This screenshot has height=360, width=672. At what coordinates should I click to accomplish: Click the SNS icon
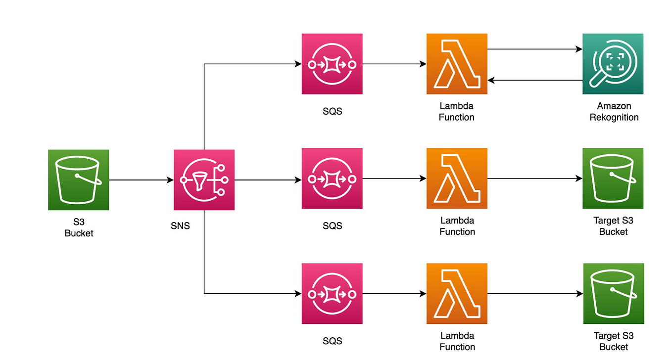(204, 180)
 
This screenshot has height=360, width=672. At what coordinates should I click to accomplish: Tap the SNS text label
(180, 226)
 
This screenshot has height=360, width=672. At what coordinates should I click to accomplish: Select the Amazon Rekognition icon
(613, 64)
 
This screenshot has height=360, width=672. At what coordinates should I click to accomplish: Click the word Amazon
(614, 106)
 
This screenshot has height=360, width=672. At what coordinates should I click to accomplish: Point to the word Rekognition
(614, 118)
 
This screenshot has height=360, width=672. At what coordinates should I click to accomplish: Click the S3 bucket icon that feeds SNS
(78, 180)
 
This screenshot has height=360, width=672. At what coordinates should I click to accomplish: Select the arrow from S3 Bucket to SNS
(141, 180)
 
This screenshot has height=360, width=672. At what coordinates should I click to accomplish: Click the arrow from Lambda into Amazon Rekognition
(534, 49)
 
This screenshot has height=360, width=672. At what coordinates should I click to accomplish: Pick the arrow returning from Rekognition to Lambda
(534, 80)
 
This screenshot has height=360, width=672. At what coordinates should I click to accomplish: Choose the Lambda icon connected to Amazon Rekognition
(457, 64)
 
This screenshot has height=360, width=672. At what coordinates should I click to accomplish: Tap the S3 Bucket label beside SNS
(79, 227)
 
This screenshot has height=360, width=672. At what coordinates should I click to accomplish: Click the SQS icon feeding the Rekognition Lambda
(332, 64)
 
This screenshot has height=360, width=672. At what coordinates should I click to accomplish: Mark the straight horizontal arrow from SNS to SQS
(268, 180)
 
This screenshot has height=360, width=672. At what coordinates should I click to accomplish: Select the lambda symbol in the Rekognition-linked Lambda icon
(456, 64)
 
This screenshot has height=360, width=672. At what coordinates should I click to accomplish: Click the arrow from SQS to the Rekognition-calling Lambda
(394, 64)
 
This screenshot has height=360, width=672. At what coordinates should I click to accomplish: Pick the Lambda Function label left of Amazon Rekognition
(456, 112)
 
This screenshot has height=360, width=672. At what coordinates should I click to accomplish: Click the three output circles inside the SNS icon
(221, 180)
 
